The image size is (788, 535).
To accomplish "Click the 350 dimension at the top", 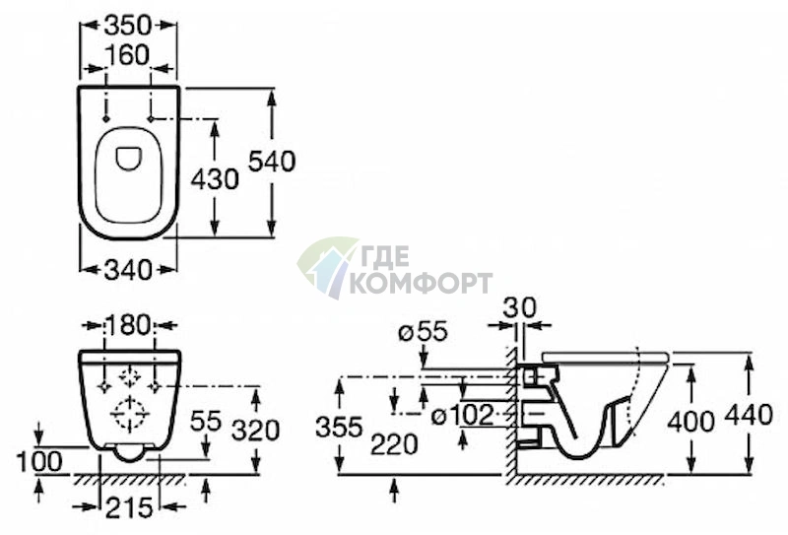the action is [x=128, y=26].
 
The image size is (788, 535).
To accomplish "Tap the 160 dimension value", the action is [x=128, y=55].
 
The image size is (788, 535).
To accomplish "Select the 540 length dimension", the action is [x=272, y=162].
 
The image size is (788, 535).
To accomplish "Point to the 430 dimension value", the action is [x=215, y=179].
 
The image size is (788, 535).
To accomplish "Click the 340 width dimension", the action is [x=128, y=270].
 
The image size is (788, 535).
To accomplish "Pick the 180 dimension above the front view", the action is [x=129, y=326].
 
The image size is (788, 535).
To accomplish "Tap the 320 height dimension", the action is [x=256, y=432].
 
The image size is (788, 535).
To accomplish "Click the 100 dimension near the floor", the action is [x=39, y=461].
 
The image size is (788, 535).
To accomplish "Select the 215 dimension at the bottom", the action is [x=129, y=507].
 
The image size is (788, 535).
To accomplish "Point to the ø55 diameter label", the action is [x=423, y=332].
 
